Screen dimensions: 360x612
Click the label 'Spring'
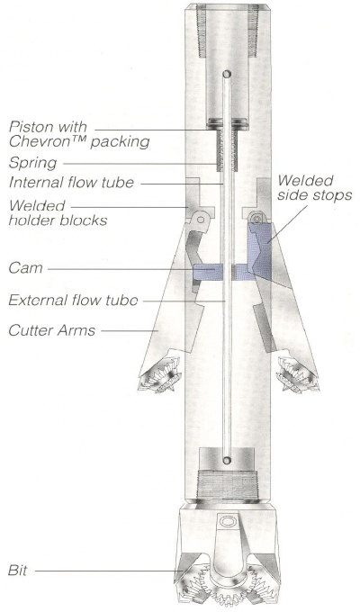(x=32, y=163)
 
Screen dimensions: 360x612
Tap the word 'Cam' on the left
(x=25, y=268)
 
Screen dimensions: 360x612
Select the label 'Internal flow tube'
(x=71, y=183)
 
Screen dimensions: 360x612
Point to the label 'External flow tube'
(x=73, y=300)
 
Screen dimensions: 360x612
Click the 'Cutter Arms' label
(x=52, y=330)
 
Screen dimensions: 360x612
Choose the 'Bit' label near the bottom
(x=18, y=571)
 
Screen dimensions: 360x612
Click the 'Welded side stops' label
(x=315, y=187)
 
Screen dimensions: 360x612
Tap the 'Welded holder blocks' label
(x=58, y=212)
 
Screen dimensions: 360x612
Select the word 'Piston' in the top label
(x=31, y=127)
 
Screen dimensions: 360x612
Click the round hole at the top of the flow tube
(x=227, y=74)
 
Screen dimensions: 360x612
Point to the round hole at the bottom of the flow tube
(x=227, y=460)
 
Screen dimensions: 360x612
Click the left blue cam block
(x=208, y=272)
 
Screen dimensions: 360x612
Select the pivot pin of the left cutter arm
(x=201, y=220)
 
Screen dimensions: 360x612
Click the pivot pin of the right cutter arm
(x=256, y=218)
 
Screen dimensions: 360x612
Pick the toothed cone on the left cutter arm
(x=161, y=375)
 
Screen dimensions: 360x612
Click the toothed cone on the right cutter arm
(x=297, y=375)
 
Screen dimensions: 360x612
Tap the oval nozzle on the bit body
(x=227, y=521)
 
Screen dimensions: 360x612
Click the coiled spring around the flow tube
(x=227, y=151)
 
